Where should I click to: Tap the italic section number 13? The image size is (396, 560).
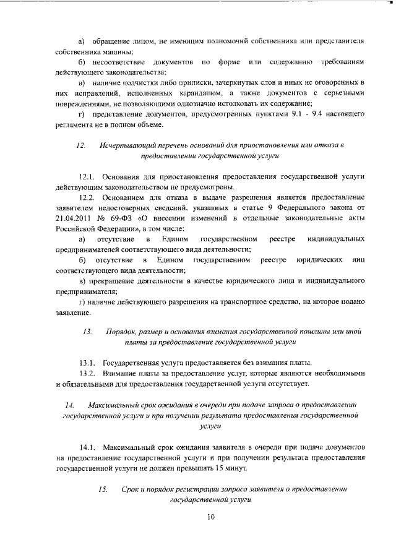87,332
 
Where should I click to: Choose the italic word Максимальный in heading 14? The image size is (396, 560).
113,405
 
